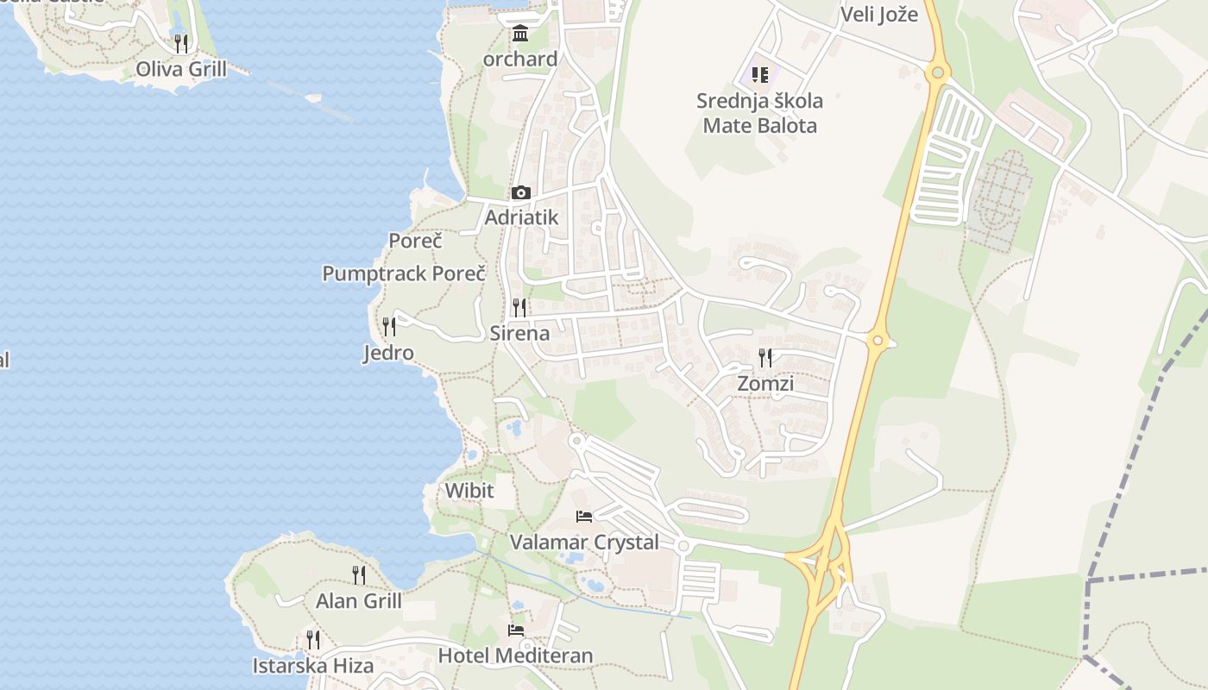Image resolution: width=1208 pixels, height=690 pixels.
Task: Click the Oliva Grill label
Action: coord(181,69)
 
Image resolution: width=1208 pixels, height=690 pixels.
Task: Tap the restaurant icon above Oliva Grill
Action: coord(181,42)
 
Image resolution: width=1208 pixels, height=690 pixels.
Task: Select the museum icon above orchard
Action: coord(520,34)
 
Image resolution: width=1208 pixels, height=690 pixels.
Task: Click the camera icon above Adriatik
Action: coord(520,193)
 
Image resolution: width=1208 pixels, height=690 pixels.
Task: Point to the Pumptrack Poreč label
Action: coord(404,274)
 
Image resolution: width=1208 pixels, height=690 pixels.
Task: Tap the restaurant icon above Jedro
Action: coord(389,326)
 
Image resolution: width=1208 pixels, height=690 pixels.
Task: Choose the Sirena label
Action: coord(519,333)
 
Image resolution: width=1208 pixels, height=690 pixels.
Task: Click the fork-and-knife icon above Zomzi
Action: coord(765,356)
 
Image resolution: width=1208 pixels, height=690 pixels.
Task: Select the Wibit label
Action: coord(469,491)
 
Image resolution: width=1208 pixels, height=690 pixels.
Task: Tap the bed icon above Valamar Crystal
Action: coord(584,517)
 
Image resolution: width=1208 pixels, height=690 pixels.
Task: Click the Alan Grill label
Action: coord(359,601)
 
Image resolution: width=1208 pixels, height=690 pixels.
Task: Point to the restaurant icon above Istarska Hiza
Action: coord(313,639)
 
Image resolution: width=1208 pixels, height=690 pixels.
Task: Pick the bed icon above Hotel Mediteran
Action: coord(516,630)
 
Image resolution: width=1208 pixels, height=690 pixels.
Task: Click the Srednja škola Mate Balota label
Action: coord(759,113)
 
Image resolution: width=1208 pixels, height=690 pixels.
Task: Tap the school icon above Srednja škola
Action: coord(759,75)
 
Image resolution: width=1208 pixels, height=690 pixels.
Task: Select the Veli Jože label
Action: coord(879,14)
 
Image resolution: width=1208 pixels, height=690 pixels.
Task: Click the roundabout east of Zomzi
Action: coord(878,341)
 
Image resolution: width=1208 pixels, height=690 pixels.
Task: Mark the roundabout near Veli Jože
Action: coord(937,72)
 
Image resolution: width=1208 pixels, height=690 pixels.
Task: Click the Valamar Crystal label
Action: coord(584,543)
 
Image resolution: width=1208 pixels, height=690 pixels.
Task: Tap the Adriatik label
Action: coord(521,217)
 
